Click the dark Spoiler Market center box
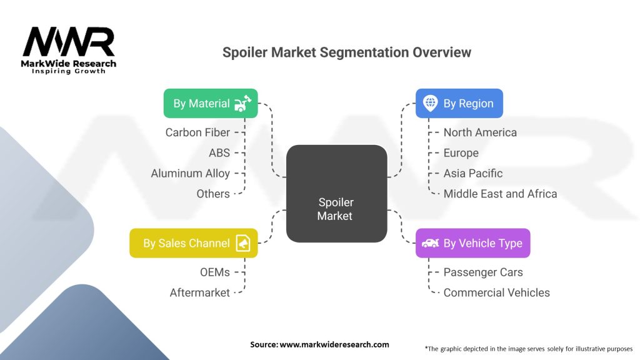point(336,194)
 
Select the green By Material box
point(211,103)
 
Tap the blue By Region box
point(459,103)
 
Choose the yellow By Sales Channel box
point(194,243)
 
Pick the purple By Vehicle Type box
point(472,243)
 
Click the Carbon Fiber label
point(197,132)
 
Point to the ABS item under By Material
point(219,152)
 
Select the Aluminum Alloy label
point(191,174)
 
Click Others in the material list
point(213,194)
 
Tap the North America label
point(480,132)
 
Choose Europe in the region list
point(461,153)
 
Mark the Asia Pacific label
point(473,173)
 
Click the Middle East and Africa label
point(500,194)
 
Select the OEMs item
point(215,272)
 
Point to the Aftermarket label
point(200,292)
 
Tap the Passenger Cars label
point(483,272)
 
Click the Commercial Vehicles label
point(496,292)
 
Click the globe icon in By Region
point(430,103)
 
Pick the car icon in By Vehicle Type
point(430,243)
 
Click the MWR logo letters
point(69,42)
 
